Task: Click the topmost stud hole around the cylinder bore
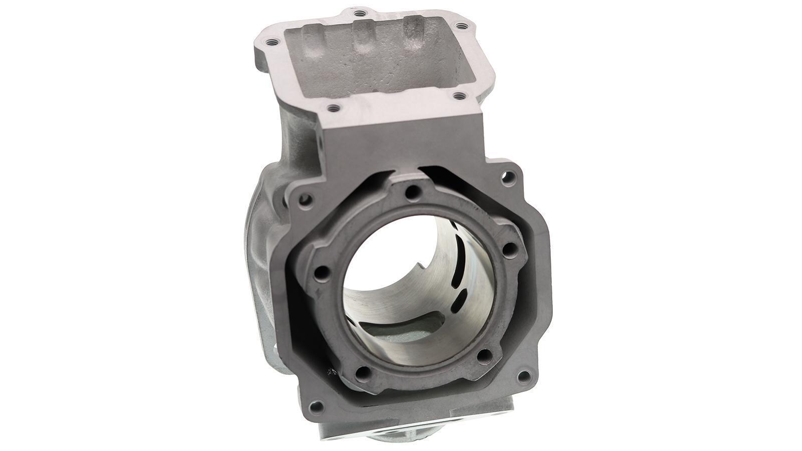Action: click(412, 191)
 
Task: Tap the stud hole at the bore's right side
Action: click(508, 249)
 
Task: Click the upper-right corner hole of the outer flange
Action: click(509, 176)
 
